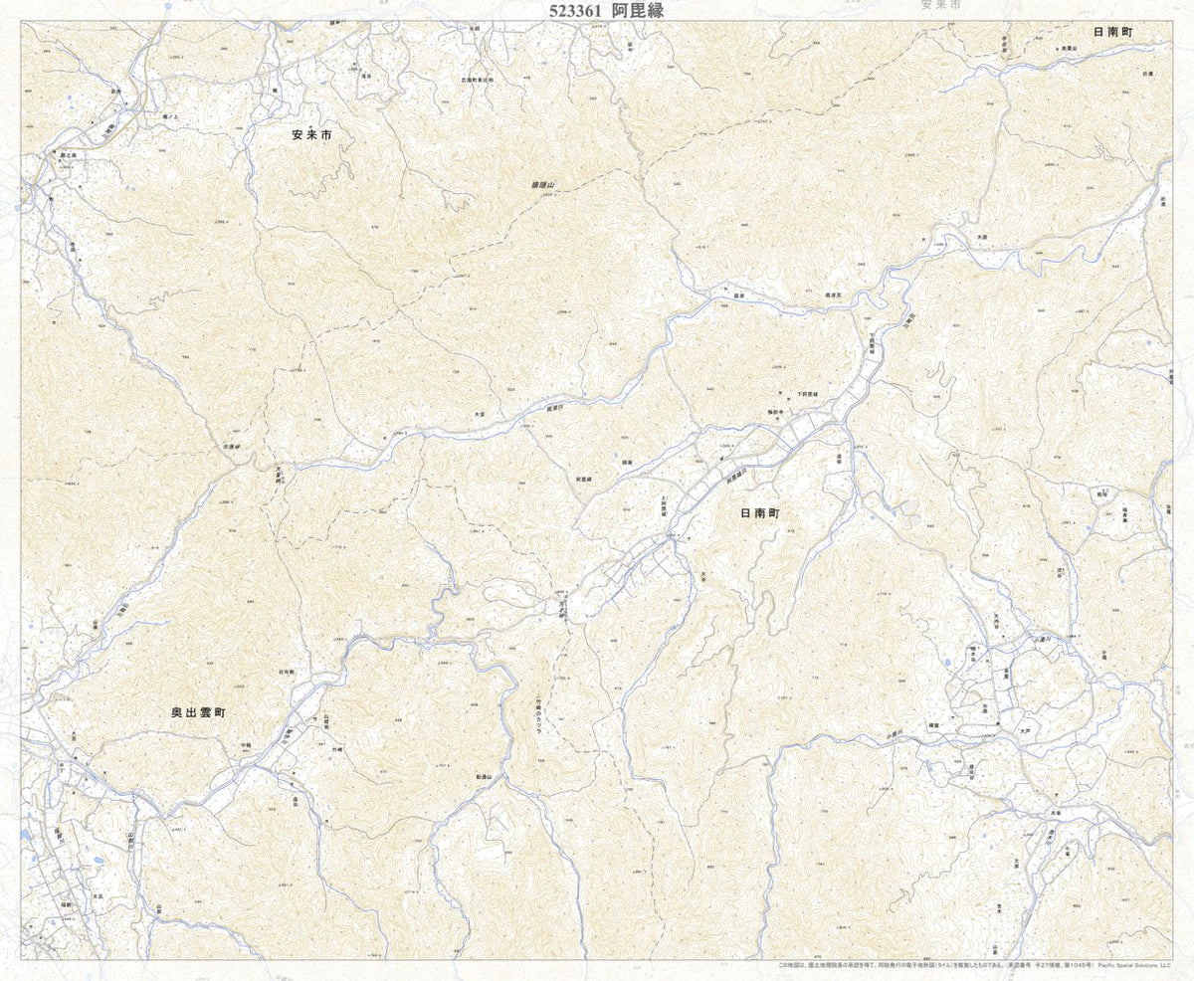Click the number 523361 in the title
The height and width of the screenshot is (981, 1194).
[581, 11]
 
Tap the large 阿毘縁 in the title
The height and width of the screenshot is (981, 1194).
[638, 11]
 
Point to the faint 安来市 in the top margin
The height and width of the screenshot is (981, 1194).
[940, 5]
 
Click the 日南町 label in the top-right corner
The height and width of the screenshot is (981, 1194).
[1113, 33]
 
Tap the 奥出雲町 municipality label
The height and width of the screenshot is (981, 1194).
[198, 713]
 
